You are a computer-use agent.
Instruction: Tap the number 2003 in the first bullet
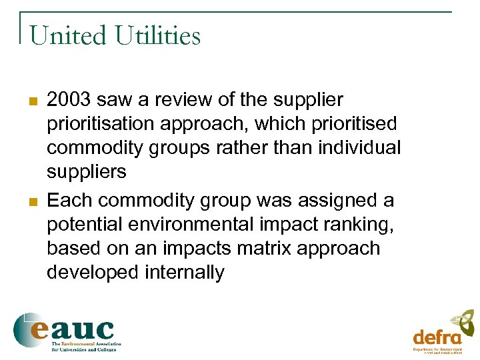click(69, 100)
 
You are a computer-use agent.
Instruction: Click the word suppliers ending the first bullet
click(86, 172)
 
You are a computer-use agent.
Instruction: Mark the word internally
click(187, 272)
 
